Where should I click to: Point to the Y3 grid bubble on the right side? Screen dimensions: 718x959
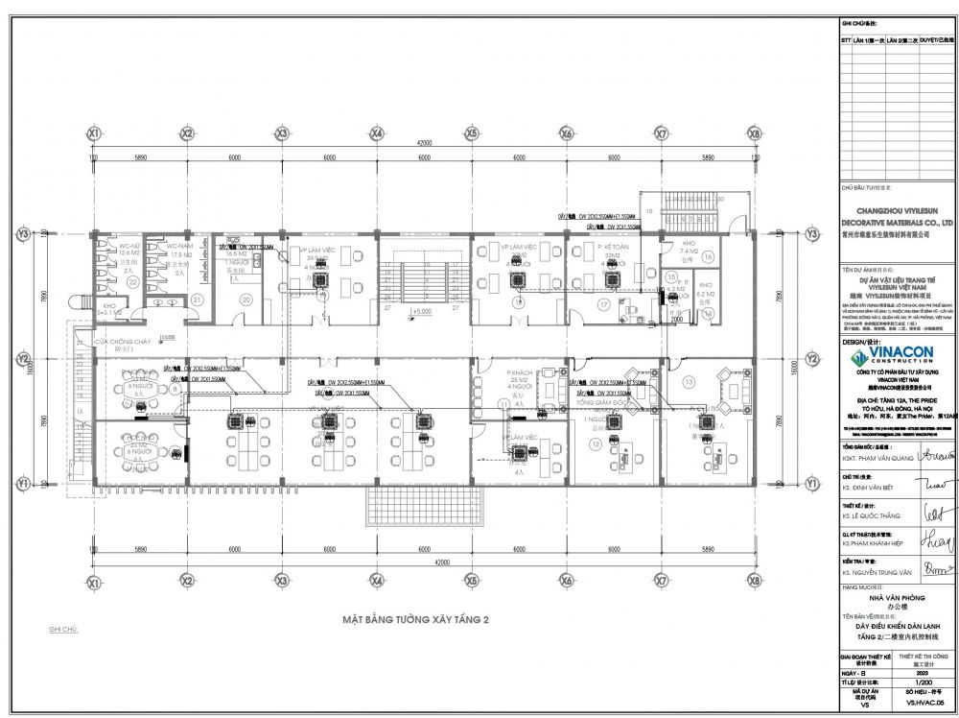point(812,233)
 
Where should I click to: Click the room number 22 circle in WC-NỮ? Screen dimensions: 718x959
point(133,281)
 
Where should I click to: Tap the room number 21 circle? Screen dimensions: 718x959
point(197,299)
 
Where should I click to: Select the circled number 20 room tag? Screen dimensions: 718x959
point(246,299)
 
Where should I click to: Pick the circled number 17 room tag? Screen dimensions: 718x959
point(604,304)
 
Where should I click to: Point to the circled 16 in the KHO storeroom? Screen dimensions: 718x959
point(707,257)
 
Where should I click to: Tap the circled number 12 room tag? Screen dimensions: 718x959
point(596,444)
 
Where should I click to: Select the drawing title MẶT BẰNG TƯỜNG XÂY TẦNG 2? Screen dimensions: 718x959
point(416,621)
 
